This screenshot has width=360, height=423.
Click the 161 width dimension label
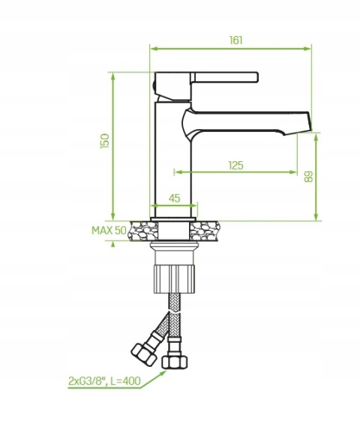pyautogui.click(x=235, y=40)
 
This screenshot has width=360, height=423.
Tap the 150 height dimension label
pyautogui.click(x=105, y=140)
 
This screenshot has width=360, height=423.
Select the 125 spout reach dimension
pyautogui.click(x=235, y=165)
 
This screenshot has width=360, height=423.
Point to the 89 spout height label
pyautogui.click(x=308, y=176)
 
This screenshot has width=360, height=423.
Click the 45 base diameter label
pyautogui.click(x=174, y=198)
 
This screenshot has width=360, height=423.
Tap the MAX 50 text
pyautogui.click(x=109, y=230)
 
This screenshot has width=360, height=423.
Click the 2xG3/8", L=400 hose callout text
pyautogui.click(x=104, y=381)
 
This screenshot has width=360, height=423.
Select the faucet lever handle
pyautogui.click(x=224, y=77)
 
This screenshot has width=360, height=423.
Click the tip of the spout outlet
pyautogui.click(x=310, y=130)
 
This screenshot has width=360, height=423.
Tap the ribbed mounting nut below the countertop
pyautogui.click(x=174, y=279)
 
